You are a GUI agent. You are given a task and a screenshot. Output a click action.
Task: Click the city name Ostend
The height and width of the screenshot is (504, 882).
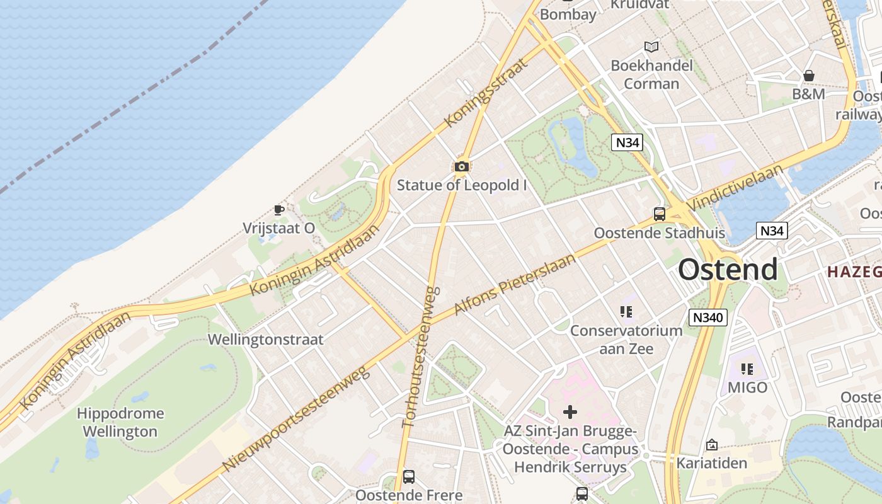728,270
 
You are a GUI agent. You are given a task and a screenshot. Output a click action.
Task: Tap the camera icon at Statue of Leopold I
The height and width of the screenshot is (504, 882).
462,167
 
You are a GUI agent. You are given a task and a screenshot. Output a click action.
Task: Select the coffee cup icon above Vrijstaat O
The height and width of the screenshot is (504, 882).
279,210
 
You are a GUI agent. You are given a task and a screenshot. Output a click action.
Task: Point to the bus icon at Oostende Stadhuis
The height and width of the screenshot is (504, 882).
659,214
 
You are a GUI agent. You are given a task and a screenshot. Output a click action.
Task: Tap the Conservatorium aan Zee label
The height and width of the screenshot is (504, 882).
626,339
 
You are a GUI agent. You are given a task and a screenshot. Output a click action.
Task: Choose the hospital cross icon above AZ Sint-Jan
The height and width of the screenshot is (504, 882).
570,412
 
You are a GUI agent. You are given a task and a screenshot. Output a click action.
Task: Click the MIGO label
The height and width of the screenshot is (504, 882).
748,387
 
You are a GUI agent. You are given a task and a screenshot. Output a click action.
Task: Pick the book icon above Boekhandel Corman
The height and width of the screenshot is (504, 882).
651,47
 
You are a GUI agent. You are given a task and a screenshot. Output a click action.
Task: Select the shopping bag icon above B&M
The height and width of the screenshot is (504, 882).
809,76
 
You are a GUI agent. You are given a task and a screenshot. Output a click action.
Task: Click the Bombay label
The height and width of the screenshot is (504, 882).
568,14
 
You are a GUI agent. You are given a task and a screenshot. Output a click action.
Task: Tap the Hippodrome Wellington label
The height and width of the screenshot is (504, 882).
120,422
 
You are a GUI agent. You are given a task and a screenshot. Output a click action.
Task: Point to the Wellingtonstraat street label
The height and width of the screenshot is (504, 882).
266,340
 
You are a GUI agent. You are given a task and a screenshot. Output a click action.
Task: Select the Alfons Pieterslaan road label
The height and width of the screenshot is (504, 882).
515,285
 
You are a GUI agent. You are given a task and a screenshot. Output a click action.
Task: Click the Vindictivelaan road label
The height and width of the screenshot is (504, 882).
736,188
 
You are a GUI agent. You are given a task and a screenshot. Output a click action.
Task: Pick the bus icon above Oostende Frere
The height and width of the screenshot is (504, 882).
409,477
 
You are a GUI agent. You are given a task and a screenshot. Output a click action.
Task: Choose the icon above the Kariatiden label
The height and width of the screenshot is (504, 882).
712,445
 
